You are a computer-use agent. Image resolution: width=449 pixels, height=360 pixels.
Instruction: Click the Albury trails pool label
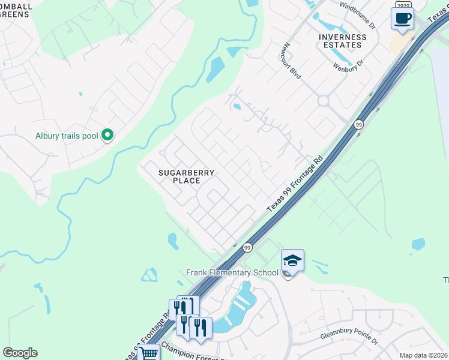(x=67, y=136)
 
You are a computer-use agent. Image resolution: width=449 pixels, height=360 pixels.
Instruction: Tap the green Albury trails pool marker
(x=108, y=135)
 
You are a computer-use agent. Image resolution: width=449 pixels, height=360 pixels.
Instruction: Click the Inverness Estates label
(x=342, y=41)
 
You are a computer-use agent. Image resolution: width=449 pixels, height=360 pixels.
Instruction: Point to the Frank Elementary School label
(x=232, y=272)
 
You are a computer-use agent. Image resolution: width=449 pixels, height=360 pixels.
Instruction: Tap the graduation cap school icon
(x=292, y=260)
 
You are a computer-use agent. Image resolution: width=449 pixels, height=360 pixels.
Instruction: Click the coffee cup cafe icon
(x=402, y=17)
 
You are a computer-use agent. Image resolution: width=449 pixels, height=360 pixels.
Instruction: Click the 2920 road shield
(x=403, y=5)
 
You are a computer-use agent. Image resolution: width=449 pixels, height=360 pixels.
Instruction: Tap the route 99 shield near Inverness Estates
(x=358, y=124)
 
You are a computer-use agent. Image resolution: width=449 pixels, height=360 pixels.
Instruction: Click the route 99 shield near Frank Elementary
(x=247, y=247)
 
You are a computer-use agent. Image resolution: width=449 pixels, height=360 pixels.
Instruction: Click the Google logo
(x=20, y=353)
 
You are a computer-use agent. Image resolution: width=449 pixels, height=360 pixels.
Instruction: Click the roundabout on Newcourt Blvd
(x=324, y=101)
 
